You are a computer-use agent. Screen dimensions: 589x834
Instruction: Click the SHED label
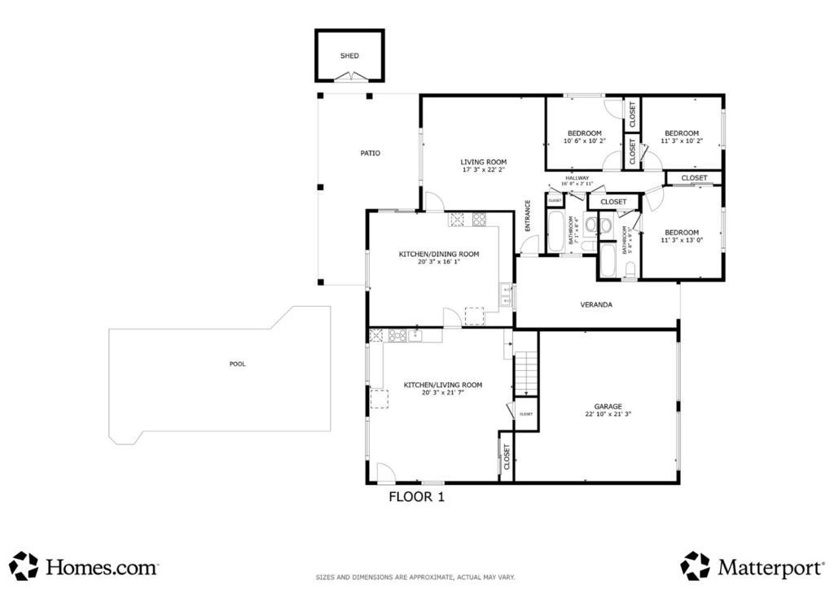coord(349,56)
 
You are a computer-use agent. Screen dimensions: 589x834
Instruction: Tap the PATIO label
coord(371,153)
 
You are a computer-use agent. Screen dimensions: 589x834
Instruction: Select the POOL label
coord(237,364)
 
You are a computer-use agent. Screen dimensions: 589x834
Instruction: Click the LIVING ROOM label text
coord(484,162)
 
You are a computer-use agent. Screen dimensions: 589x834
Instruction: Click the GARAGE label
coord(608,406)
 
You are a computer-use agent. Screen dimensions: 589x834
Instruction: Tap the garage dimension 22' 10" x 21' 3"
coord(608,414)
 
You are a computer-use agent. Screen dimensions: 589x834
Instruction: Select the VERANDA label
coord(596,305)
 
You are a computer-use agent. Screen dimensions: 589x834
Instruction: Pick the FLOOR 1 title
coord(416,495)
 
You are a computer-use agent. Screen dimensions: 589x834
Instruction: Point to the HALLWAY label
coord(577,177)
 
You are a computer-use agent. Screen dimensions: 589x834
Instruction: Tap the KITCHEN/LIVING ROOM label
coord(443,385)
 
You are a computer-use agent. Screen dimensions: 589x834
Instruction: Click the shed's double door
coord(349,77)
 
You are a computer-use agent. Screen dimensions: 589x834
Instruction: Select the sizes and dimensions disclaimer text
coord(415,578)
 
